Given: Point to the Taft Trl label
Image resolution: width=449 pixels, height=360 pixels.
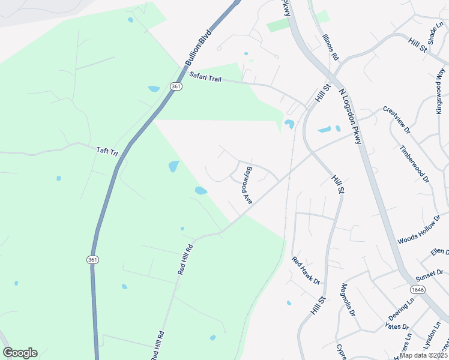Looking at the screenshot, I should [106, 151].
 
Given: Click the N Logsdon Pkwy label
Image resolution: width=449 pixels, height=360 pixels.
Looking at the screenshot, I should [351, 117].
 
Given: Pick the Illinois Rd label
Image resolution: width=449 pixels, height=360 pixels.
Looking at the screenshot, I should [331, 47].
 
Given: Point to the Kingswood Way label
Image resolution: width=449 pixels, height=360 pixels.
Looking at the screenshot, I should [441, 91].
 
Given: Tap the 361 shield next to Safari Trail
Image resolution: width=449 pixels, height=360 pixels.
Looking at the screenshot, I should [175, 87].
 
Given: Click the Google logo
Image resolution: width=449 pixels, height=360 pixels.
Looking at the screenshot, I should [20, 353].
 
